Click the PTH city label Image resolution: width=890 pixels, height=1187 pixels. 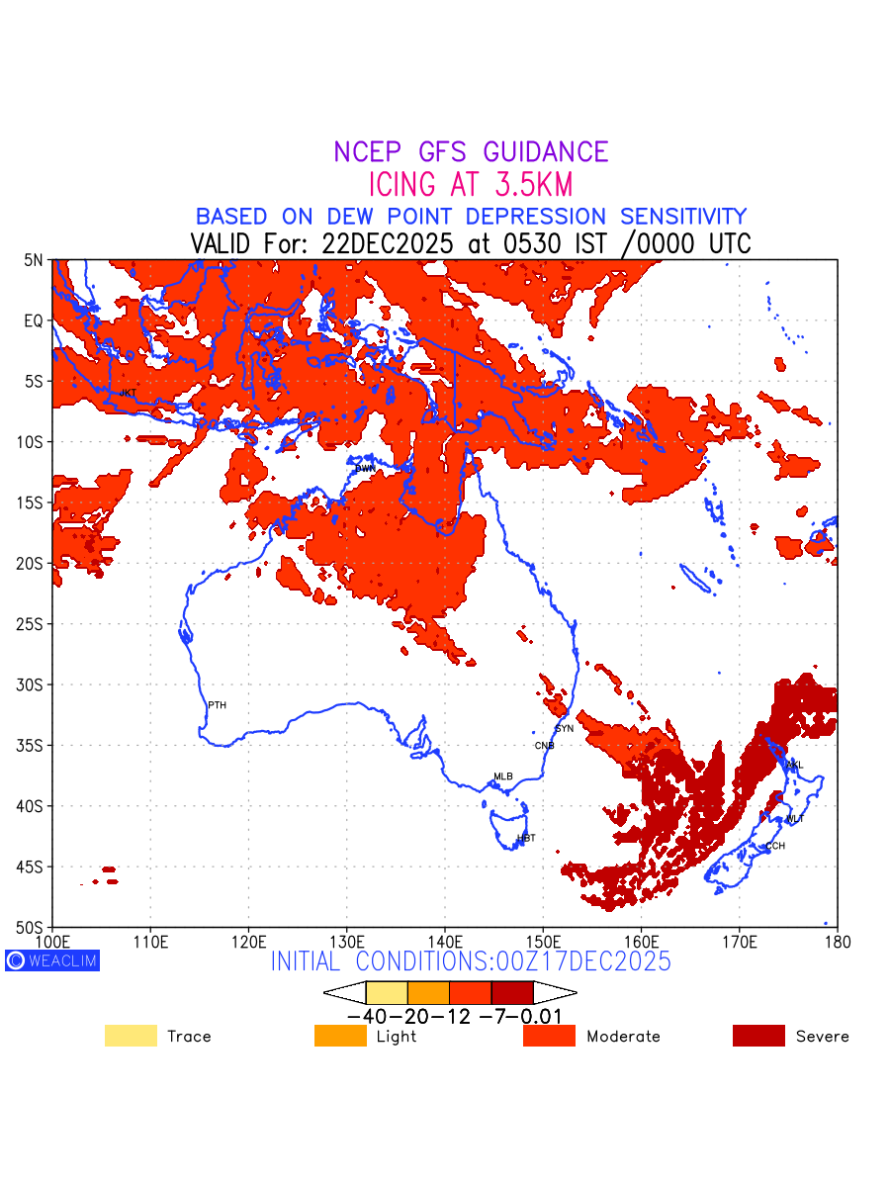pyautogui.click(x=217, y=705)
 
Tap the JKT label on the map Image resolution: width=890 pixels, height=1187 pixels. pyautogui.click(x=128, y=394)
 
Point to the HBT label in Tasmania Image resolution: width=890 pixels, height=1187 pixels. pyautogui.click(x=526, y=838)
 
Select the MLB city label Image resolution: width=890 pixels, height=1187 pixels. pyautogui.click(x=503, y=776)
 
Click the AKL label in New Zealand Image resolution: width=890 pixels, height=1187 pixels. pyautogui.click(x=795, y=766)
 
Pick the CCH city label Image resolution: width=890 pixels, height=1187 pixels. pyautogui.click(x=775, y=846)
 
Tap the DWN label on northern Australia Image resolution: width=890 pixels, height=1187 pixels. pyautogui.click(x=366, y=468)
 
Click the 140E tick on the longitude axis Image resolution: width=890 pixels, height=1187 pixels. pyautogui.click(x=445, y=939)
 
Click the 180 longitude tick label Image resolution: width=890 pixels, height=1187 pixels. pyautogui.click(x=838, y=939)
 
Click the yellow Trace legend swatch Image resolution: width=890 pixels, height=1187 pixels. pyautogui.click(x=131, y=1036)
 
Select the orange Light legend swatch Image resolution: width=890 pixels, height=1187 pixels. pyautogui.click(x=340, y=1036)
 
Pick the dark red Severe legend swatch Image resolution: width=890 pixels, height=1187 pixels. pyautogui.click(x=758, y=1036)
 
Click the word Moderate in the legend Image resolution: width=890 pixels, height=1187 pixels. pyautogui.click(x=623, y=1037)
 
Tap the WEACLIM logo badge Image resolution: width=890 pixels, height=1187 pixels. pyautogui.click(x=52, y=960)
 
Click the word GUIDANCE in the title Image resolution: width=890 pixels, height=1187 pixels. pyautogui.click(x=546, y=152)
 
